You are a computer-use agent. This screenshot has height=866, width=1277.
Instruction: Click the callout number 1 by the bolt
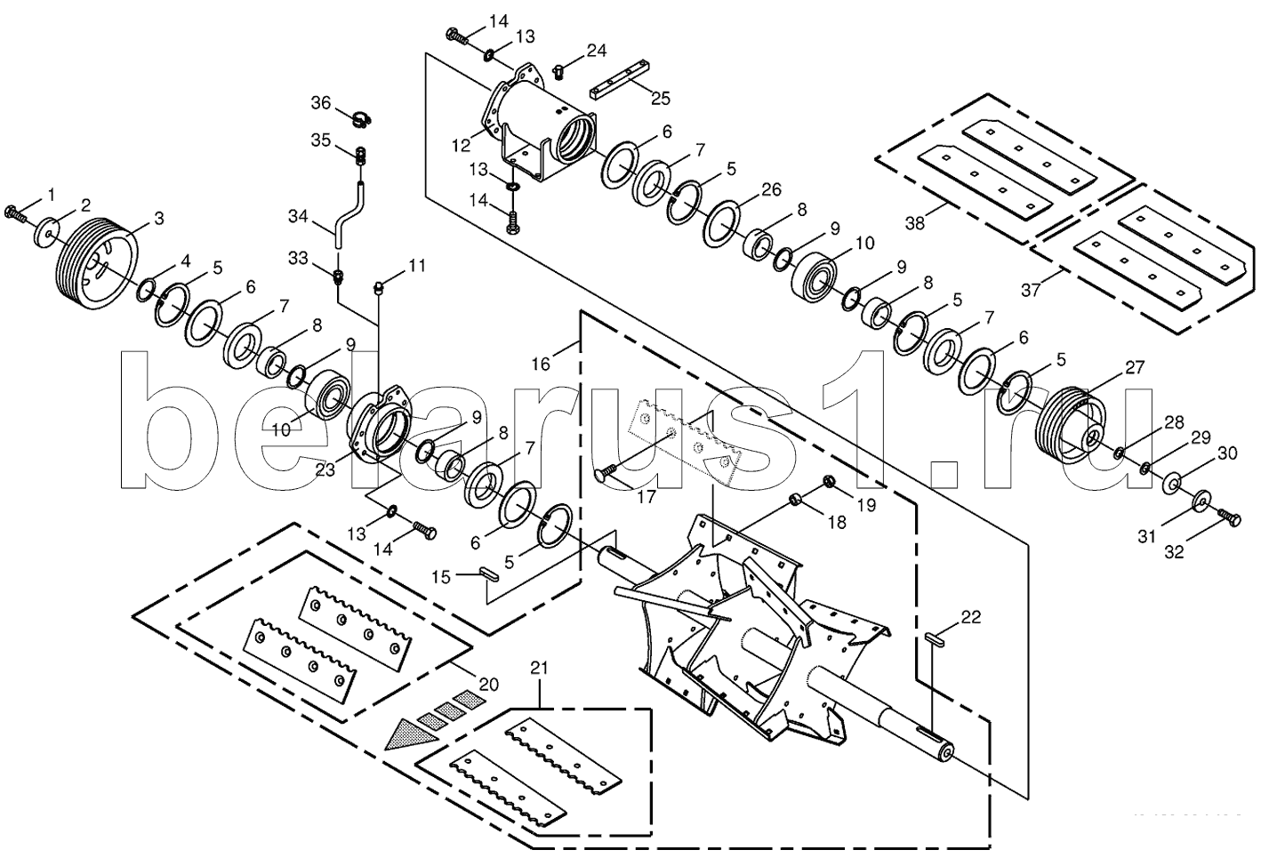[x=51, y=194]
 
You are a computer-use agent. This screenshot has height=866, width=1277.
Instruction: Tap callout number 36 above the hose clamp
[x=320, y=103]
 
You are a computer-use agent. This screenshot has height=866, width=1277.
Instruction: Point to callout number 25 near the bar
[x=660, y=98]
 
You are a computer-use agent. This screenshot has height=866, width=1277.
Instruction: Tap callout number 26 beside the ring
[x=770, y=189]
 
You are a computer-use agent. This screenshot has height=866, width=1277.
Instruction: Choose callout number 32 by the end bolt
[x=1174, y=551]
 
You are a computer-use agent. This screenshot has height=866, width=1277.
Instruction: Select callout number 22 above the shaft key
[x=970, y=617]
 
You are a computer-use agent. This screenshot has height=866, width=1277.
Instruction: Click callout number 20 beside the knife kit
[x=487, y=685]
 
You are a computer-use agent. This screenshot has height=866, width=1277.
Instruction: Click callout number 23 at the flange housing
[x=325, y=469]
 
